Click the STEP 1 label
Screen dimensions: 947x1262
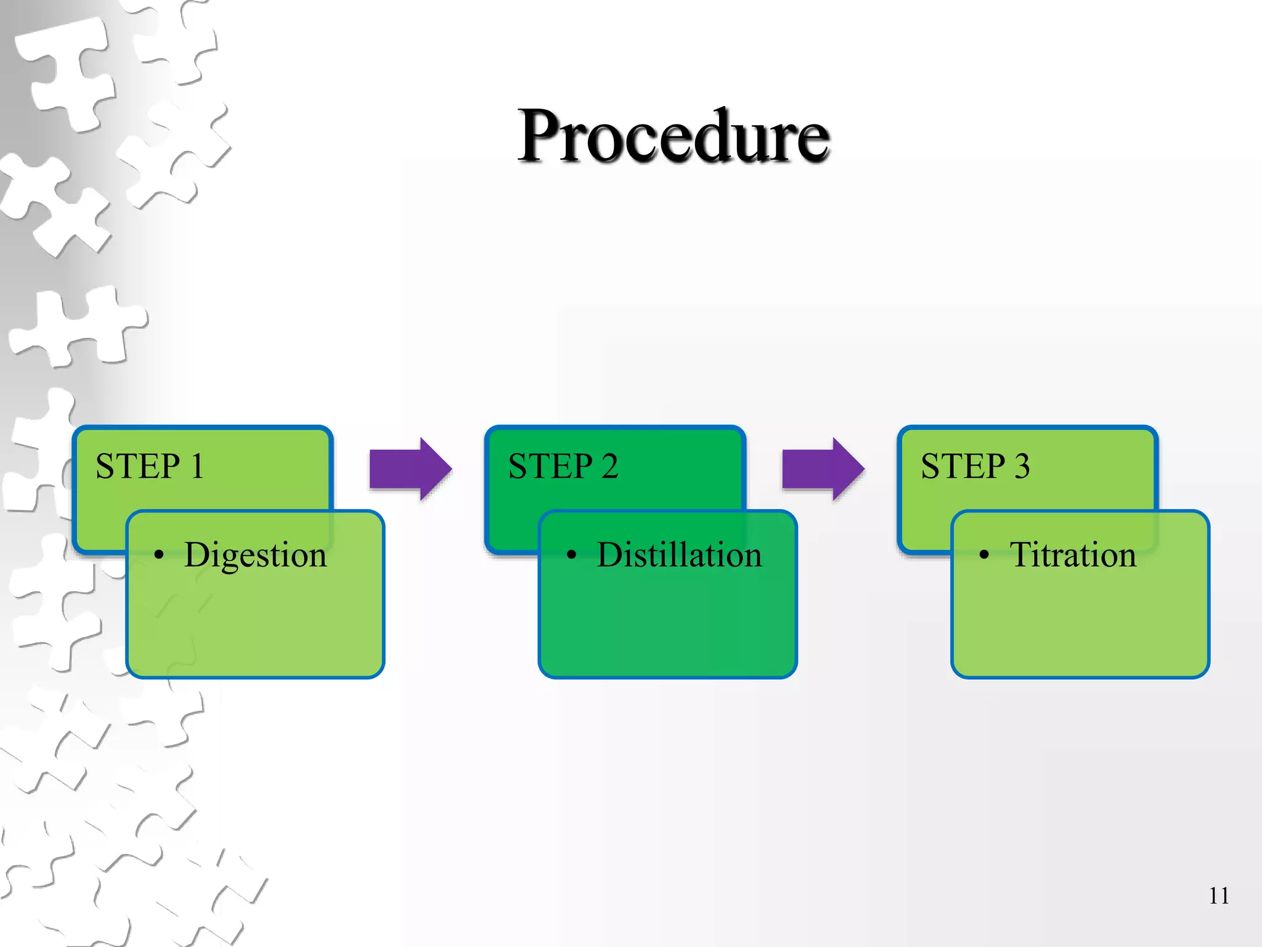[x=150, y=466]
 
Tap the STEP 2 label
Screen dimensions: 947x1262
[x=563, y=466]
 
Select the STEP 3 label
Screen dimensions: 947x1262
[x=975, y=466]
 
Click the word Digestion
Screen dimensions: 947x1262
[x=255, y=555]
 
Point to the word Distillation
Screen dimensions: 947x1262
[x=679, y=555]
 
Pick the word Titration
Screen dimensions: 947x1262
[x=1072, y=555]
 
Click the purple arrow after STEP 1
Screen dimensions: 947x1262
[x=410, y=469]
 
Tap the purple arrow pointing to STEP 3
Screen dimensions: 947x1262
[x=823, y=469]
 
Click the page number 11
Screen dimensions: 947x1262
[x=1218, y=896]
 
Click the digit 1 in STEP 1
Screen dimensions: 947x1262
[x=197, y=466]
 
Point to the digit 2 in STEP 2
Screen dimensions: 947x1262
[x=609, y=466]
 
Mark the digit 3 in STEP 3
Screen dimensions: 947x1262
[x=1022, y=466]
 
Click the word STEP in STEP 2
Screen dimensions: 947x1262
[x=550, y=466]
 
